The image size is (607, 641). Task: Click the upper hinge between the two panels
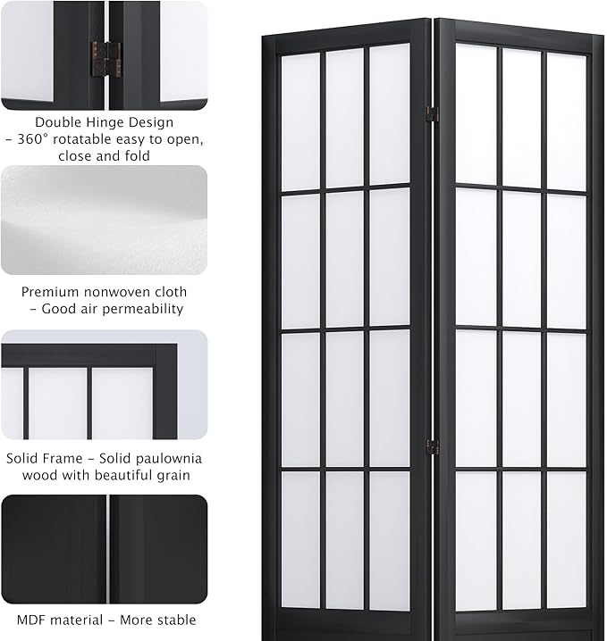(x=432, y=114)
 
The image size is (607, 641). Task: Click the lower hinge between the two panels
(x=432, y=446)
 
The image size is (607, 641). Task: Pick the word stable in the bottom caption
(x=173, y=619)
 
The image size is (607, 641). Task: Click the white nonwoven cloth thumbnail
(x=104, y=220)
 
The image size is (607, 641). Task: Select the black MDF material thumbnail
(x=104, y=547)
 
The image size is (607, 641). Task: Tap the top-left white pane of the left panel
(x=301, y=122)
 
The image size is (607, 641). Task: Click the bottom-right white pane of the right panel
(x=566, y=540)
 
